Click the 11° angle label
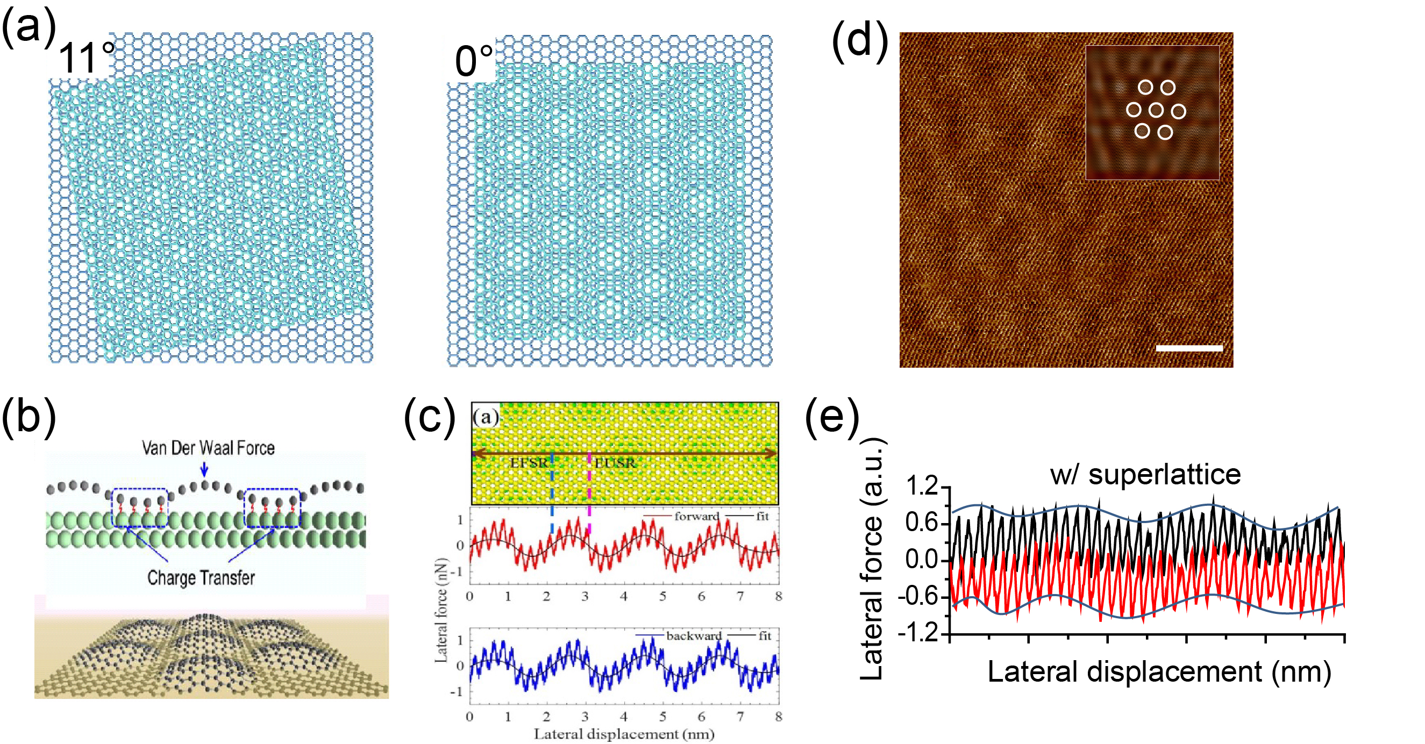click(85, 58)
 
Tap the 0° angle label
click(474, 61)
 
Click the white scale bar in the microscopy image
click(1189, 348)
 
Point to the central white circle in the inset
click(1156, 110)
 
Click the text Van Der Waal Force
click(208, 447)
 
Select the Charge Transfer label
click(201, 577)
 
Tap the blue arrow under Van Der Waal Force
click(204, 469)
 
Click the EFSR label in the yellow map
click(529, 462)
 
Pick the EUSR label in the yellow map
click(615, 462)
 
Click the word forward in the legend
click(696, 516)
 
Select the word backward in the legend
click(694, 635)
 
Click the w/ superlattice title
click(1145, 474)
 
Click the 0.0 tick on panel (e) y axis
click(922, 559)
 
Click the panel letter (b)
click(28, 416)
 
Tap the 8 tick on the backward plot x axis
click(778, 717)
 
